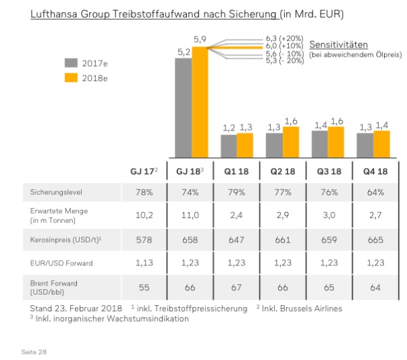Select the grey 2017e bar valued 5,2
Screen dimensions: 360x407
tap(184, 107)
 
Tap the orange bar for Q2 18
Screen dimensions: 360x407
tap(291, 142)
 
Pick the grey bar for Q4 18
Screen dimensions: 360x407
tap(364, 145)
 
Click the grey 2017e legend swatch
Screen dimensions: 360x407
tap(72, 63)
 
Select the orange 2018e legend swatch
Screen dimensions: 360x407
tap(72, 78)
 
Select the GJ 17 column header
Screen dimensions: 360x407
tap(143, 171)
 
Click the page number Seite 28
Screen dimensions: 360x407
tap(36, 352)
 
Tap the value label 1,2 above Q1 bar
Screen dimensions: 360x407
tap(229, 128)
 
